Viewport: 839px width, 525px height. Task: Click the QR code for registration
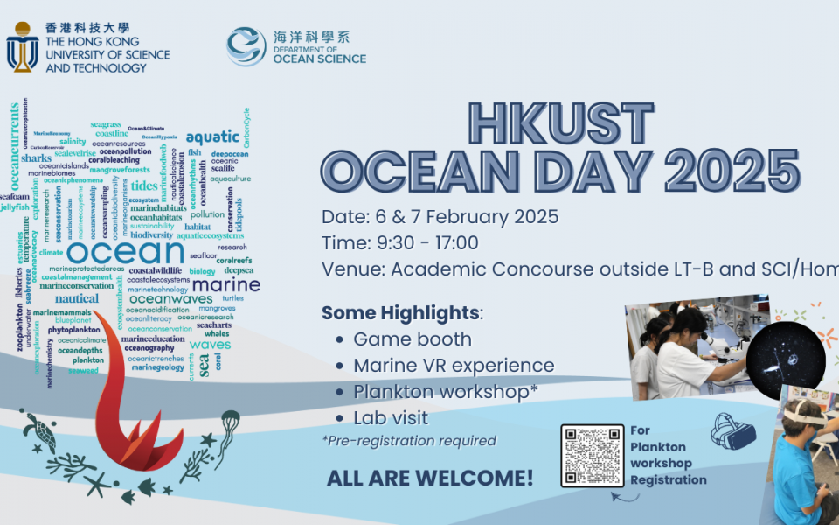point(593,456)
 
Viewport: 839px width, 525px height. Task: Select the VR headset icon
point(732,431)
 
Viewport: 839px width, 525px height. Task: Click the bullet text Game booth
point(412,339)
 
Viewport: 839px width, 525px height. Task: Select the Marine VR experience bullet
point(454,366)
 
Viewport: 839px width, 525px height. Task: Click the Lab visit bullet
point(391,418)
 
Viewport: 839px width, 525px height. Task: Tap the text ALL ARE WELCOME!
point(429,478)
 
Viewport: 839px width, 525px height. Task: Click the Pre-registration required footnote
point(409,441)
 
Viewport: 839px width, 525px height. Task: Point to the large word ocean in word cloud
point(136,254)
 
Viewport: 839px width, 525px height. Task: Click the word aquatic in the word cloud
point(212,136)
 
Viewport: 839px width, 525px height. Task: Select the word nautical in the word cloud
point(77,299)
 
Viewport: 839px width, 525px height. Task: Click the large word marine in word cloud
point(225,285)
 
